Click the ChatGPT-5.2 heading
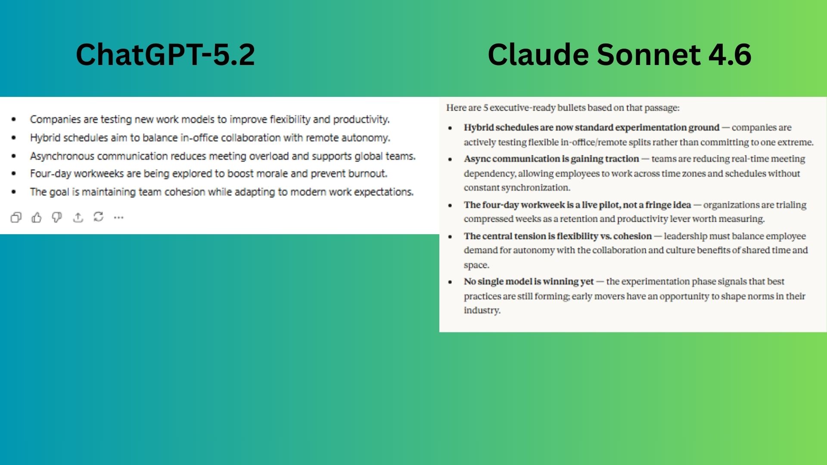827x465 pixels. (x=165, y=55)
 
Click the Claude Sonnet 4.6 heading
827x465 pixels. (x=619, y=55)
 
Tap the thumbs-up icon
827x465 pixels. (x=37, y=217)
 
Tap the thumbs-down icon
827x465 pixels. (x=57, y=217)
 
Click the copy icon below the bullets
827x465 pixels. (x=16, y=217)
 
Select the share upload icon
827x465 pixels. (x=78, y=217)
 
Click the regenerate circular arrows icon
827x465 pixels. (x=99, y=217)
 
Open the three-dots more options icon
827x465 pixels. (x=118, y=217)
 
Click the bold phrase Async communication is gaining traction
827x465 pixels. (x=551, y=159)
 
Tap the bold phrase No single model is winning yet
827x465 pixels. (x=529, y=282)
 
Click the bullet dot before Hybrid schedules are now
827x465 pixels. (x=450, y=128)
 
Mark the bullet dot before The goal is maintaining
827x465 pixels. (x=14, y=192)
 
